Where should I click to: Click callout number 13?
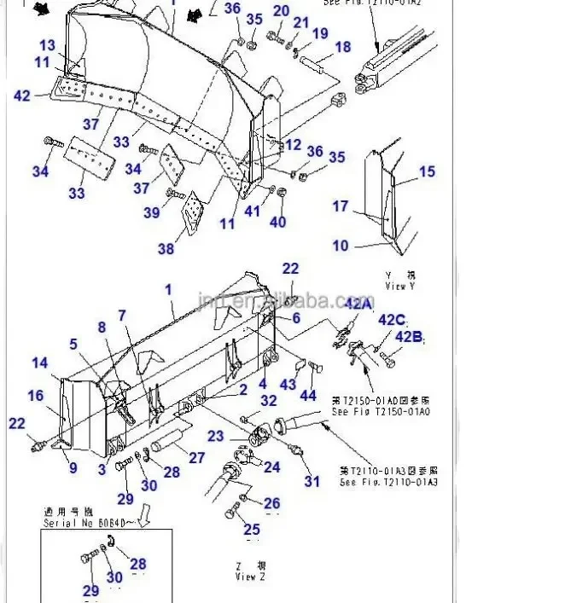(47, 45)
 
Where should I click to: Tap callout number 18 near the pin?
(342, 48)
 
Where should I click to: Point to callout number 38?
(166, 248)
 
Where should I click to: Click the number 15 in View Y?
(427, 171)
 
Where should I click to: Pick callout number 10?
(341, 246)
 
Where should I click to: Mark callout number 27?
(197, 457)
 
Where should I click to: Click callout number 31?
(312, 481)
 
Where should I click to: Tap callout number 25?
(251, 531)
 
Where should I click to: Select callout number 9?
(73, 467)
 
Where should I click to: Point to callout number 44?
(308, 397)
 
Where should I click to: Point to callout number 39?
(151, 212)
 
